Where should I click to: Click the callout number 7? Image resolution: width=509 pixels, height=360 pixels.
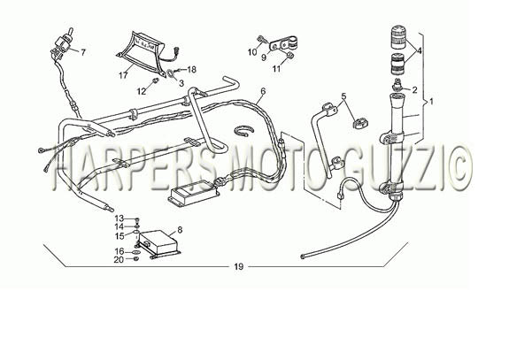point(83,52)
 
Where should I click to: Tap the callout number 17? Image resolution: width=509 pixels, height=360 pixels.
point(123,75)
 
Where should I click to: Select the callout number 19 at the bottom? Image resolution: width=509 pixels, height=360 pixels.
point(239,266)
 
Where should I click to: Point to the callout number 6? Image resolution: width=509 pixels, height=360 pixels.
point(263,91)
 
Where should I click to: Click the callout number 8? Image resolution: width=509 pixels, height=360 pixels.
point(180,230)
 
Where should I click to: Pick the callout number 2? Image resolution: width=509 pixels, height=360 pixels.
point(414,90)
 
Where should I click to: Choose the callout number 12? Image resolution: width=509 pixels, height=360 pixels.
point(142,91)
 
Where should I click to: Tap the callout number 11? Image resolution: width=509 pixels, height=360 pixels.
point(276,69)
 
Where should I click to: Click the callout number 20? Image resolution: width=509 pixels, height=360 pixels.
point(120,259)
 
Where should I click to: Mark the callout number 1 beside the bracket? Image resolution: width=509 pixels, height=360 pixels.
point(431,102)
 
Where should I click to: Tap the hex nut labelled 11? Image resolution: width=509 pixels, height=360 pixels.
point(291,56)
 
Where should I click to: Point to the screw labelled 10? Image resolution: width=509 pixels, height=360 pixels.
point(261,40)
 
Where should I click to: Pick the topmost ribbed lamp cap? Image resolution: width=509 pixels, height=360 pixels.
point(398,36)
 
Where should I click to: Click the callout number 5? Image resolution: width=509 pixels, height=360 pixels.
point(344,96)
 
